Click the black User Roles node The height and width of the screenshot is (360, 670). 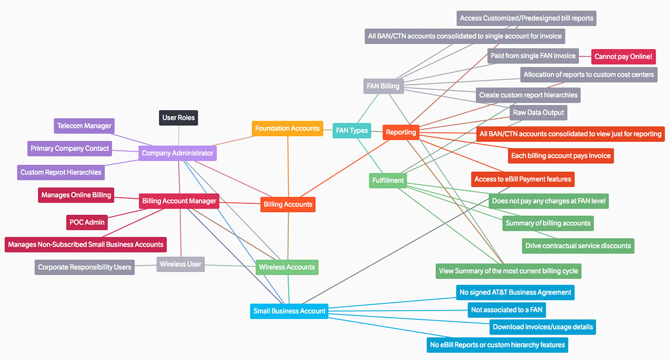click(178, 118)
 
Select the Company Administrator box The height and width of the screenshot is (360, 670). click(177, 153)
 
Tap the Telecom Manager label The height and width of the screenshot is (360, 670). click(84, 126)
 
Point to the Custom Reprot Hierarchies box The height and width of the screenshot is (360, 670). click(61, 173)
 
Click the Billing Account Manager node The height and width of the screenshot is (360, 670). click(179, 201)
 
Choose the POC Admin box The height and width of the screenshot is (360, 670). click(87, 222)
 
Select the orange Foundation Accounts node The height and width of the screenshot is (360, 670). click(287, 129)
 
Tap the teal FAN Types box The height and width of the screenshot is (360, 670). click(352, 131)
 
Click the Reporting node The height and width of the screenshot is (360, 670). click(401, 133)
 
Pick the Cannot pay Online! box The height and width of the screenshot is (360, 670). click(623, 57)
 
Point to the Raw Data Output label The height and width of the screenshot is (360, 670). click(538, 113)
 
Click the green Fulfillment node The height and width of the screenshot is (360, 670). click(388, 181)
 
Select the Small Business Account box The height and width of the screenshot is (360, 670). click(289, 311)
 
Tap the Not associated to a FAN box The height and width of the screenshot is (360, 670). click(513, 310)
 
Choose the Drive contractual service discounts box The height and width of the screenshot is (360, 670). click(578, 246)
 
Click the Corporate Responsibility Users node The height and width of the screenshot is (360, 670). click(84, 267)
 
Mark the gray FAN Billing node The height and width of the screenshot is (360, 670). click(383, 87)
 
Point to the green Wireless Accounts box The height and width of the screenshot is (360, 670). click(287, 267)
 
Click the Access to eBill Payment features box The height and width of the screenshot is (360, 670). click(522, 179)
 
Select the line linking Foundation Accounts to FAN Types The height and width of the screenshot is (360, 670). click(328, 130)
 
